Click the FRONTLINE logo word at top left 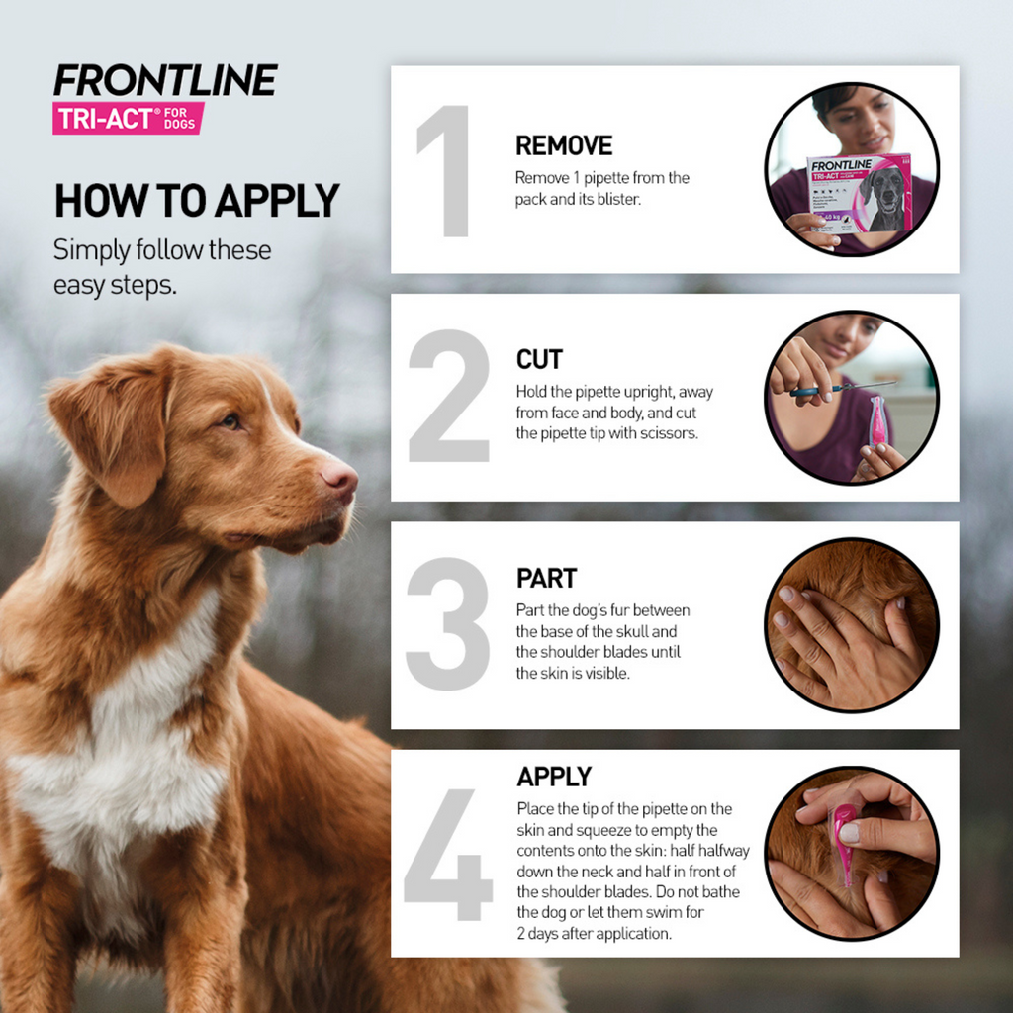tap(165, 81)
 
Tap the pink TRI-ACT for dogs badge tap(128, 118)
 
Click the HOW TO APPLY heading tap(196, 201)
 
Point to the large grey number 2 tap(448, 397)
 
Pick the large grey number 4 tap(447, 853)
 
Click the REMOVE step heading tap(564, 146)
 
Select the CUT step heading tap(539, 359)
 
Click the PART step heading tap(546, 579)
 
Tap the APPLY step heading tap(554, 777)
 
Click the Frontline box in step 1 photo tap(858, 194)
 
